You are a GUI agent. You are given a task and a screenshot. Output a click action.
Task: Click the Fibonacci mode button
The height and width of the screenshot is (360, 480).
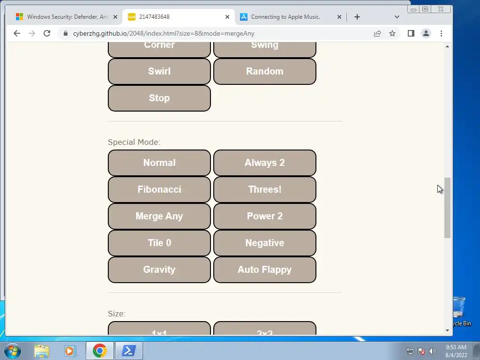point(159,189)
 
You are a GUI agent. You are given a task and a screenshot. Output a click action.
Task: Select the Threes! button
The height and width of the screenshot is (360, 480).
point(264,189)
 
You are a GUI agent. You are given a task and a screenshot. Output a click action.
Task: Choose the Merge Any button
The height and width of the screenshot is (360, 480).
point(159,216)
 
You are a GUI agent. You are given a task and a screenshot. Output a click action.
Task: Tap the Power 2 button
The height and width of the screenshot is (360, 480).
point(264,216)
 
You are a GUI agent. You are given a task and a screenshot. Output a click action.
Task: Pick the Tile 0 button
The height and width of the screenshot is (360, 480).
point(159,243)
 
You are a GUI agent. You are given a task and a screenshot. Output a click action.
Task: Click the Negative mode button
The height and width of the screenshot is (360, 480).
point(264,243)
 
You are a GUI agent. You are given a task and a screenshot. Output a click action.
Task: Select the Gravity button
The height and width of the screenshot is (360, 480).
point(159,270)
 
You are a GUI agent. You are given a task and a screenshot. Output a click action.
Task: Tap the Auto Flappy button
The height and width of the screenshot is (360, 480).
point(264,270)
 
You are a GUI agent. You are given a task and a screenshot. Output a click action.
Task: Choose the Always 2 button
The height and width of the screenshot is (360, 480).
point(264,163)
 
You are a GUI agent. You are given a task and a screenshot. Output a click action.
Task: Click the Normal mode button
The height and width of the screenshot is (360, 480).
point(159,163)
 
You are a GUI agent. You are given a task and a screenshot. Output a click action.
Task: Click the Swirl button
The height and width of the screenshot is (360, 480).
point(159,71)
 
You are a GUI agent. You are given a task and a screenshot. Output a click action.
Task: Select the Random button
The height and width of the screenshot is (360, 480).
point(264,71)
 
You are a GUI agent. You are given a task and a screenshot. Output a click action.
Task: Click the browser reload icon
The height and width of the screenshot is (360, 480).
point(47,33)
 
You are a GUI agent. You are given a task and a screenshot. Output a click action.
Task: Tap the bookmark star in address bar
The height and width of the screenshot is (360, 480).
point(392,33)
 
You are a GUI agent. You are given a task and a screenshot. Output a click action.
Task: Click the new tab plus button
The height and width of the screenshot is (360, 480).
point(357,17)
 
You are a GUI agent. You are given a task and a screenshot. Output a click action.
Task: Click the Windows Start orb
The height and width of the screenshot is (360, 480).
point(12,351)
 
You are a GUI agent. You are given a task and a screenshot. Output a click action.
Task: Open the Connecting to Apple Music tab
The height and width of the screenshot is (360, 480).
point(286,17)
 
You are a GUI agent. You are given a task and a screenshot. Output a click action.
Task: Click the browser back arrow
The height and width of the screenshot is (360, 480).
point(17,33)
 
